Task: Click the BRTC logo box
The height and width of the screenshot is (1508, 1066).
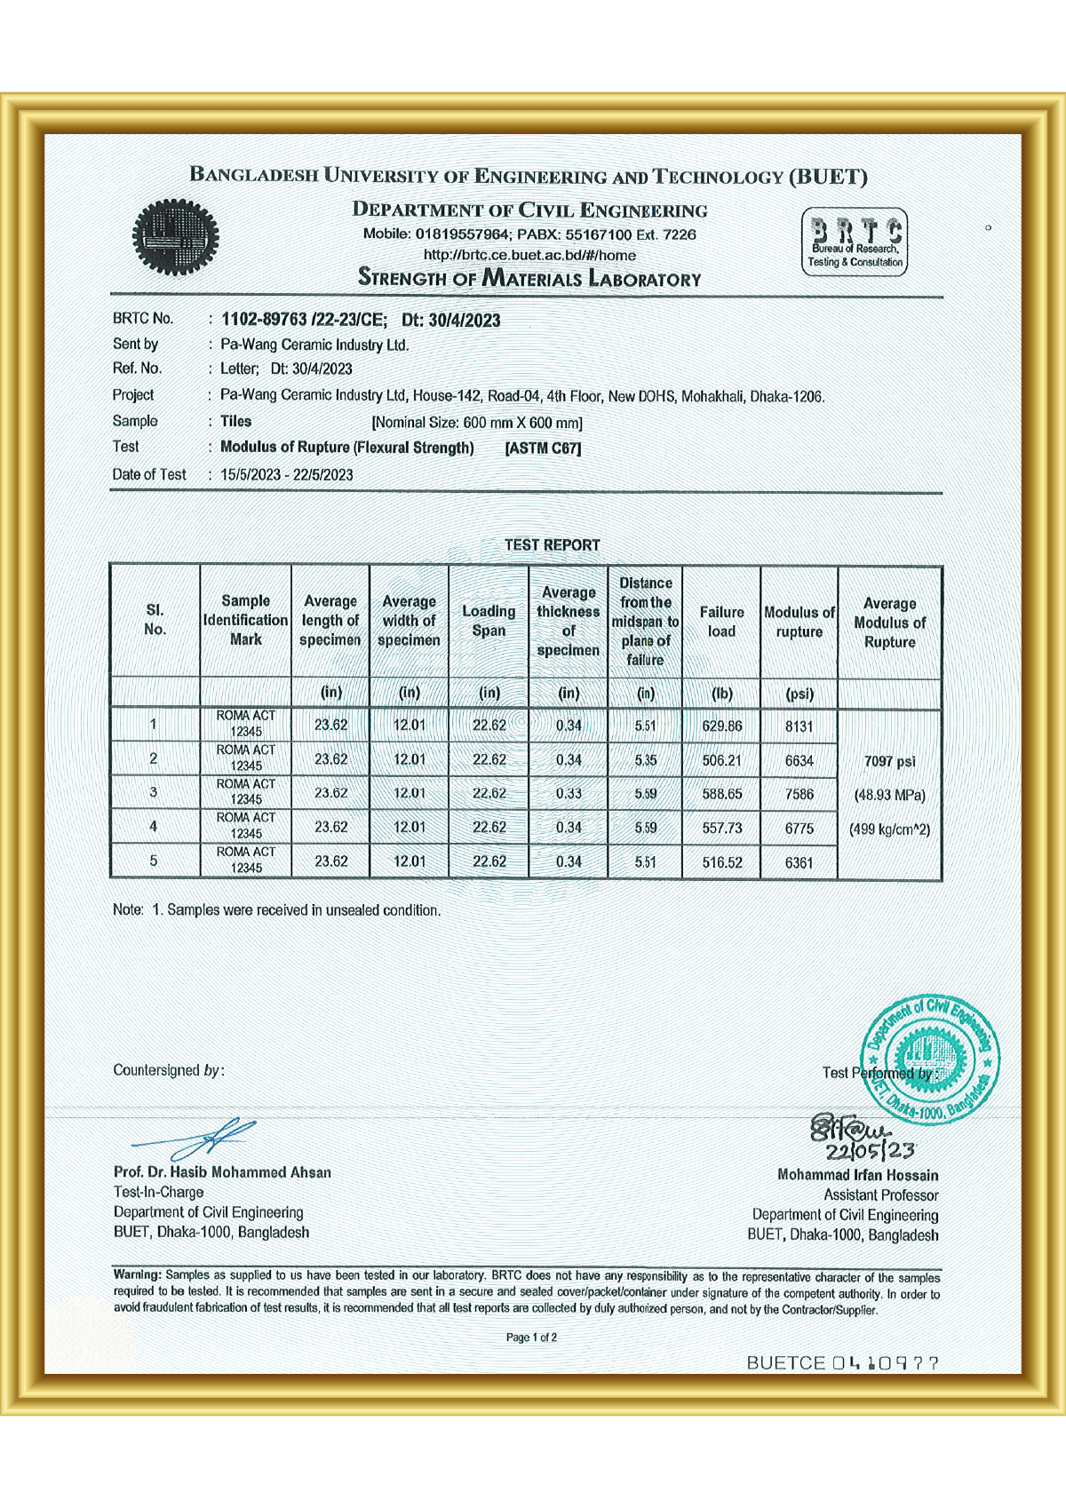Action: pyautogui.click(x=855, y=242)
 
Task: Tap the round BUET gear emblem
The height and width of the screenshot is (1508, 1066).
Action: pyautogui.click(x=175, y=236)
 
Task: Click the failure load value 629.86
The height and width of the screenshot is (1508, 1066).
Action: pyautogui.click(x=721, y=726)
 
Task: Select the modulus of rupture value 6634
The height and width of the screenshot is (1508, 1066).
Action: pyautogui.click(x=799, y=760)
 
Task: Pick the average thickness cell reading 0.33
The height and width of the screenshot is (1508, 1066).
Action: pyautogui.click(x=569, y=793)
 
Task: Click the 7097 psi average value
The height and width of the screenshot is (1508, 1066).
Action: pyautogui.click(x=889, y=761)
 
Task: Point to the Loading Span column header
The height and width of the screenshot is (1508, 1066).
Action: pyautogui.click(x=489, y=621)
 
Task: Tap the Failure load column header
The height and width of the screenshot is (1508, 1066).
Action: pyautogui.click(x=721, y=622)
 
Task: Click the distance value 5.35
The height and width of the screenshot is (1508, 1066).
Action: pyautogui.click(x=646, y=760)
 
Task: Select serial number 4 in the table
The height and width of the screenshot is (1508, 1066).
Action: pyautogui.click(x=154, y=827)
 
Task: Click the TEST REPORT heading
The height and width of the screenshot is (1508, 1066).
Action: pyautogui.click(x=552, y=544)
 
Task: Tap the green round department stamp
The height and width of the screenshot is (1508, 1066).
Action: pyautogui.click(x=930, y=1056)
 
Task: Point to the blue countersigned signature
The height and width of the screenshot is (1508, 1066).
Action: pyautogui.click(x=200, y=1138)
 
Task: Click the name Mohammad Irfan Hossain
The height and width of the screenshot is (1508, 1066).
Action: pyautogui.click(x=857, y=1175)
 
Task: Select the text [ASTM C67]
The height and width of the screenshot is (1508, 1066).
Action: pyautogui.click(x=543, y=448)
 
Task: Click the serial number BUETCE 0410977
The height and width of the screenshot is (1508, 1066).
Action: pyautogui.click(x=842, y=1363)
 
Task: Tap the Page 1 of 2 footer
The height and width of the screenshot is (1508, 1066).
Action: pyautogui.click(x=531, y=1337)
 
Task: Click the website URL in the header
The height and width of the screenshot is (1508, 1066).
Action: pyautogui.click(x=529, y=255)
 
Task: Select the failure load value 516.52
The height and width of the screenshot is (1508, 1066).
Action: pyautogui.click(x=721, y=862)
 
